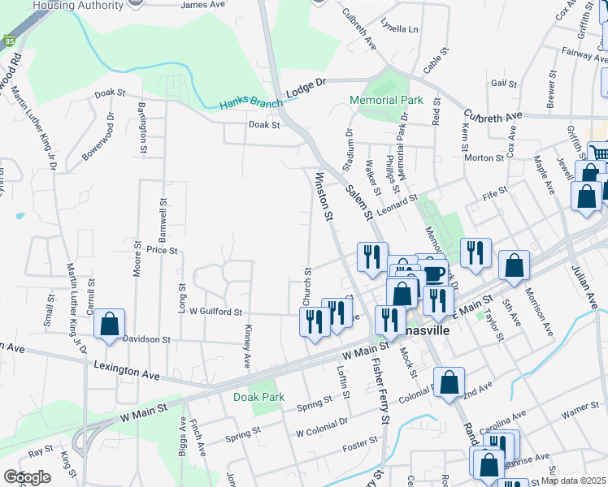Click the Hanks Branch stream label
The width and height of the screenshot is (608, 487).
coord(251,104)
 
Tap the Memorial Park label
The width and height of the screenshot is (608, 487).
coord(386,101)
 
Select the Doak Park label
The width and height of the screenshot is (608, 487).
coord(258,397)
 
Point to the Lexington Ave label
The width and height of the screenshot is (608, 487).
coord(127,370)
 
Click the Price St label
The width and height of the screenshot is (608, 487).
coord(162,252)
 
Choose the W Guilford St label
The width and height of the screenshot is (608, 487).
coord(215,311)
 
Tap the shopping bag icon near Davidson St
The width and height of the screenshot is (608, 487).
coord(109,324)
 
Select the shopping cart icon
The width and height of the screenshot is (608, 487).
coord(599,152)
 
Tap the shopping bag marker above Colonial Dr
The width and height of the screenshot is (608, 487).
coord(448,383)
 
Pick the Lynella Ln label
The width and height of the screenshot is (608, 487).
coord(402,29)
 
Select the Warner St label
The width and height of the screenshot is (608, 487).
coord(579,416)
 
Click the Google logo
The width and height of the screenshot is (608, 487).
coord(27,477)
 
